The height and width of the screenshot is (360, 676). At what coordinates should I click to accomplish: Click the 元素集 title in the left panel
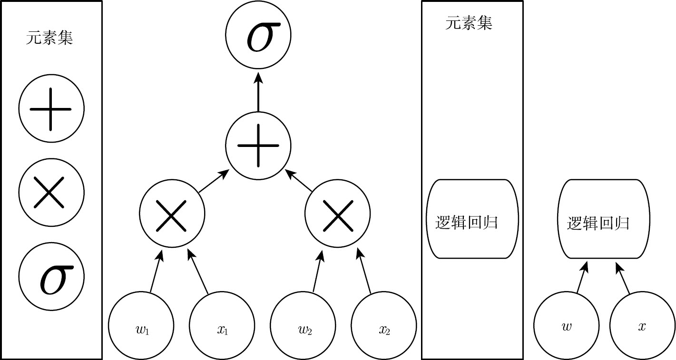click(49, 38)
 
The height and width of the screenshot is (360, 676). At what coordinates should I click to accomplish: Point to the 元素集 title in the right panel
click(469, 23)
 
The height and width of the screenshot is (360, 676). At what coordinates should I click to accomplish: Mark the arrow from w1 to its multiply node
click(157, 271)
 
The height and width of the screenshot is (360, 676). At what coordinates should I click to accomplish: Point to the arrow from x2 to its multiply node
click(363, 271)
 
